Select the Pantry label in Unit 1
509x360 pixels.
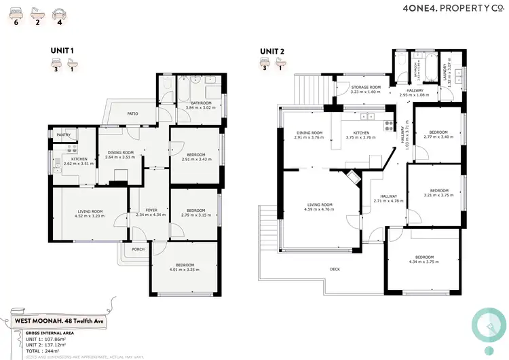tap(64, 134)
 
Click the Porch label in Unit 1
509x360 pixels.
tap(138, 249)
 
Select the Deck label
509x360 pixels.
tap(335, 269)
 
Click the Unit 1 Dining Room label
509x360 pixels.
tap(119, 152)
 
